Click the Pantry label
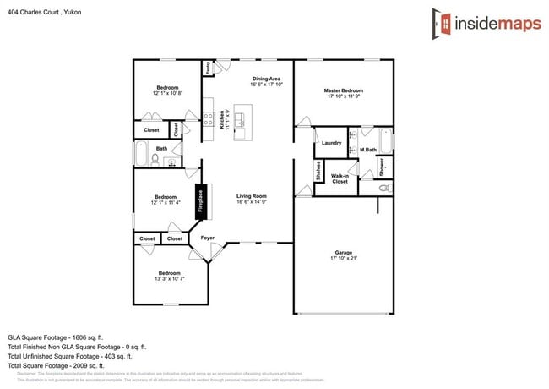[x=207, y=68]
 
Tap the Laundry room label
[x=331, y=143]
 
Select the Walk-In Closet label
[x=340, y=178]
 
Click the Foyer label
[x=207, y=238]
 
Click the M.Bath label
[x=367, y=151]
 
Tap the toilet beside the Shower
[x=385, y=189]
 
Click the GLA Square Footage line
[x=56, y=337]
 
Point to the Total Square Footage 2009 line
[x=56, y=365]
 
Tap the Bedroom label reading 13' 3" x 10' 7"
[x=169, y=276]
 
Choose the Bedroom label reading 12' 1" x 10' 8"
[x=167, y=90]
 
